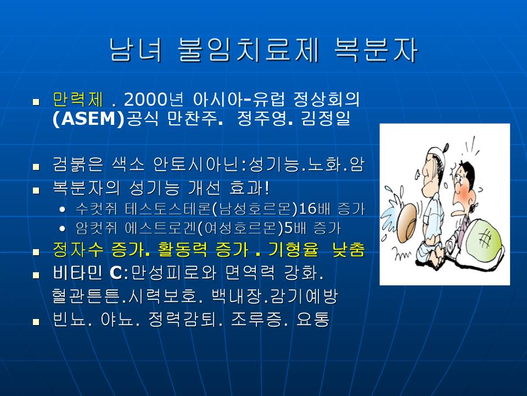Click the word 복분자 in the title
[x=376, y=50]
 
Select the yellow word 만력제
[x=77, y=99]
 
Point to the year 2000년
[x=154, y=99]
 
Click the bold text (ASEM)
[x=89, y=119]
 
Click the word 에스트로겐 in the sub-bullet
[x=160, y=229]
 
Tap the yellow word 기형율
[x=293, y=250]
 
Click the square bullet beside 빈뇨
[x=36, y=322]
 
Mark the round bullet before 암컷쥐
[x=62, y=229]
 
